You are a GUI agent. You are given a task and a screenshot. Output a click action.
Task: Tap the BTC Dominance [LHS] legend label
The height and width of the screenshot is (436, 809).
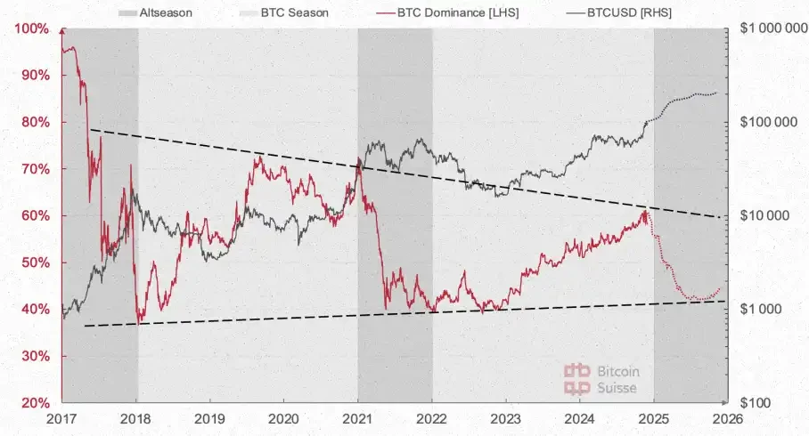436,13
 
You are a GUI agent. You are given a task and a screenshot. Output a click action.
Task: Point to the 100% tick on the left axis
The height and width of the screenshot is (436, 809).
32,28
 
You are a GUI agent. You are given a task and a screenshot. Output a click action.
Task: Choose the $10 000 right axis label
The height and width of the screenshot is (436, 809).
765,215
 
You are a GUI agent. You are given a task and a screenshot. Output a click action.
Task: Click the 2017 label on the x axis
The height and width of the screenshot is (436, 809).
61,418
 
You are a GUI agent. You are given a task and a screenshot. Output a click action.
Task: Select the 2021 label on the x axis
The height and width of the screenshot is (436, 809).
357,418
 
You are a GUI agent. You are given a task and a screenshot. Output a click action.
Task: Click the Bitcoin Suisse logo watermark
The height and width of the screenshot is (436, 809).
602,379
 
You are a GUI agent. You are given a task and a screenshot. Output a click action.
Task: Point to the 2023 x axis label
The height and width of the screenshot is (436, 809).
505,418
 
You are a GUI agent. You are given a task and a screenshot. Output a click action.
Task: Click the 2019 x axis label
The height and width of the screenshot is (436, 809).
209,418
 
